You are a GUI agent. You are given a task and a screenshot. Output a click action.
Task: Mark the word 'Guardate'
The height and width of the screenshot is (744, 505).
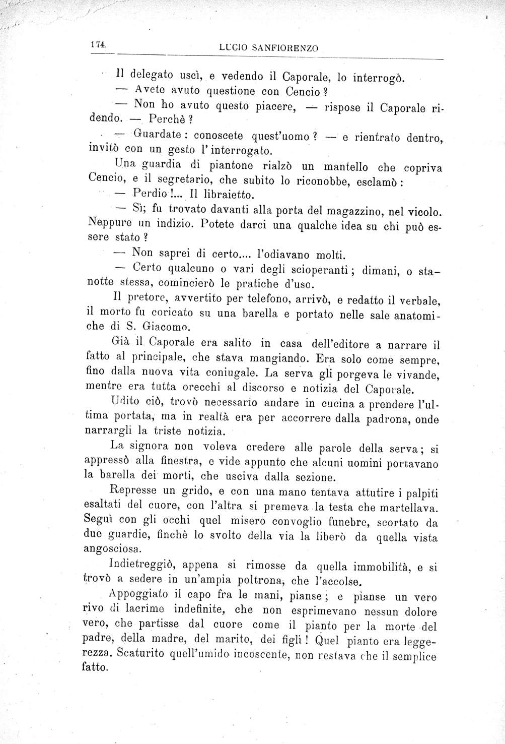coord(161,135)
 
